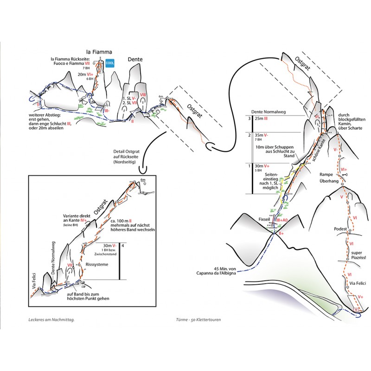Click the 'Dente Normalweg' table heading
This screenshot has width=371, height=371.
tap(267, 111)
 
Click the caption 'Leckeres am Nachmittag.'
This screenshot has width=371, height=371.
tap(51, 320)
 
